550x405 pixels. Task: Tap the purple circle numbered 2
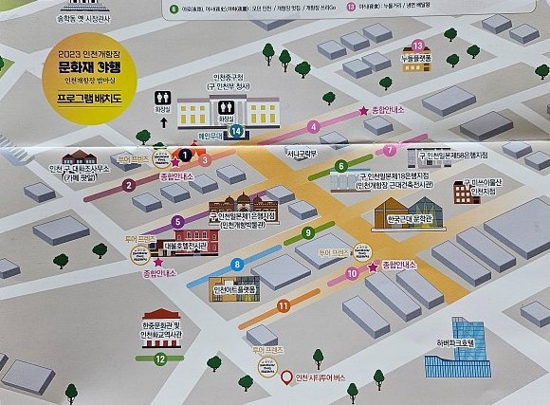click(x=128, y=185)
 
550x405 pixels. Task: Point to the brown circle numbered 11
click(x=284, y=305)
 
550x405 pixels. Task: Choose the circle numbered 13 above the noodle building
click(x=418, y=45)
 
